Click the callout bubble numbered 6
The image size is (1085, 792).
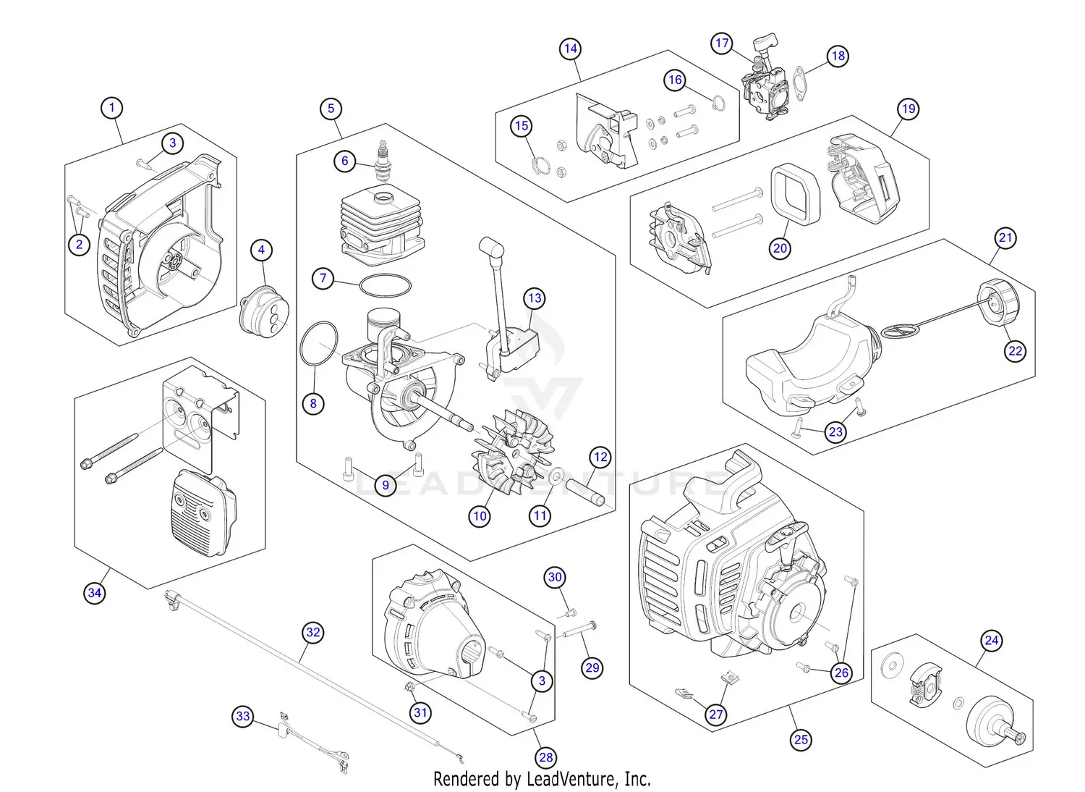click(x=345, y=161)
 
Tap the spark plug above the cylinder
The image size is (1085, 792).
click(x=381, y=161)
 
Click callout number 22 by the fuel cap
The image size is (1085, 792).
click(x=1016, y=351)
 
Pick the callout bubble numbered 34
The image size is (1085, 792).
click(x=95, y=593)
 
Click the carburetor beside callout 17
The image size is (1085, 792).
click(x=765, y=94)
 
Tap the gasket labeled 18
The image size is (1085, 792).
click(x=799, y=86)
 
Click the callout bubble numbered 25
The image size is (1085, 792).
click(x=801, y=739)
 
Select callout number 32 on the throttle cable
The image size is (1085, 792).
click(x=312, y=632)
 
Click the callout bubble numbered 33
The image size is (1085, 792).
click(x=243, y=717)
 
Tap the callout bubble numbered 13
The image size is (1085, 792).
click(x=535, y=298)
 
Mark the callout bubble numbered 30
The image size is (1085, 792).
click(x=555, y=577)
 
